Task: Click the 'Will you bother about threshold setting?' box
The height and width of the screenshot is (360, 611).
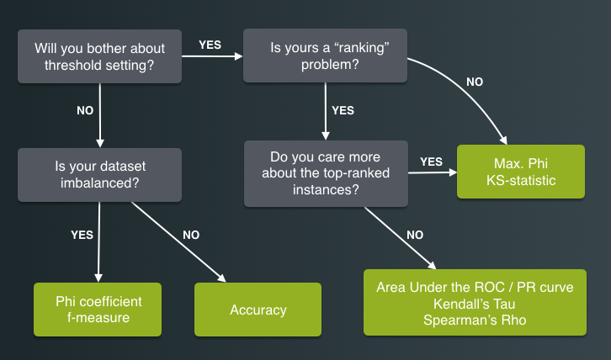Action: (x=100, y=57)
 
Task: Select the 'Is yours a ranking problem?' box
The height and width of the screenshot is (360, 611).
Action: (x=326, y=57)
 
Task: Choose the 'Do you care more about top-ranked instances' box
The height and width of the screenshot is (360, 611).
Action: (x=326, y=174)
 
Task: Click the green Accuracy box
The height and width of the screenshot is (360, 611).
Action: (x=258, y=310)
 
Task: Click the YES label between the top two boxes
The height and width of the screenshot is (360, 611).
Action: (x=210, y=45)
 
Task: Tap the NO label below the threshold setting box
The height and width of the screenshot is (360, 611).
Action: (x=84, y=109)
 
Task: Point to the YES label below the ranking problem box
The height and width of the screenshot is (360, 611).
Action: (x=343, y=110)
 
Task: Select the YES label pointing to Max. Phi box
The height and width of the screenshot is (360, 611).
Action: (x=431, y=161)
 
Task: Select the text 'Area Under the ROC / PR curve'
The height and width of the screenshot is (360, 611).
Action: (x=475, y=287)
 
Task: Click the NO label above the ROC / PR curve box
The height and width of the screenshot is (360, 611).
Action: (x=415, y=236)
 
